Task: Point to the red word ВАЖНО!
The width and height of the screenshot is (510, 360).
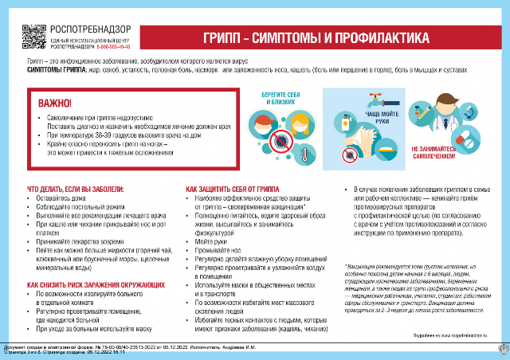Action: [55, 102]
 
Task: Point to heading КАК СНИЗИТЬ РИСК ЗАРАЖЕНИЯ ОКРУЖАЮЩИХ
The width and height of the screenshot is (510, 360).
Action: [96, 284]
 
